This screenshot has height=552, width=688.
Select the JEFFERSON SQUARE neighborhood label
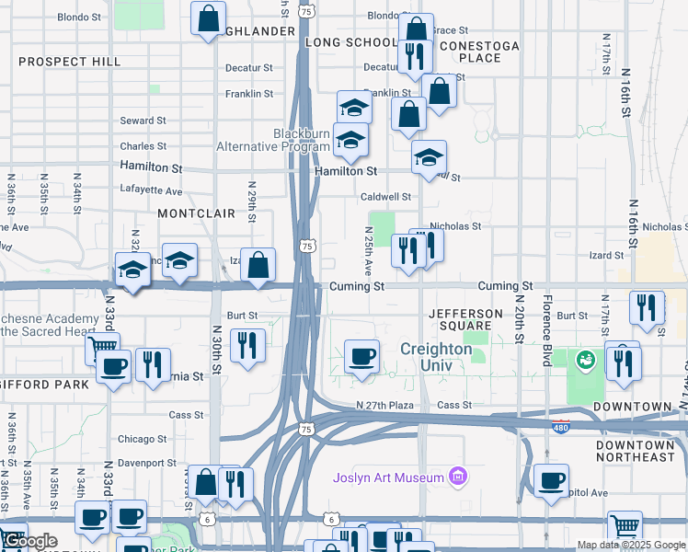(x=466, y=319)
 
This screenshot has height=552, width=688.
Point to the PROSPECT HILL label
(x=69, y=62)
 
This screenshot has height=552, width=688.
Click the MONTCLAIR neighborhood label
(x=196, y=213)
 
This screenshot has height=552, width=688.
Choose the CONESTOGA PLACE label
(x=479, y=52)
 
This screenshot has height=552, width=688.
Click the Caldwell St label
(x=385, y=197)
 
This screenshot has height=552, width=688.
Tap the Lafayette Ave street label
(x=152, y=190)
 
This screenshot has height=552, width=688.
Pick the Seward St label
(x=143, y=121)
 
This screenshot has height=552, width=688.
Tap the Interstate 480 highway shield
(x=561, y=426)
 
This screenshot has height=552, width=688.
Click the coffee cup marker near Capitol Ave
(x=551, y=480)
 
